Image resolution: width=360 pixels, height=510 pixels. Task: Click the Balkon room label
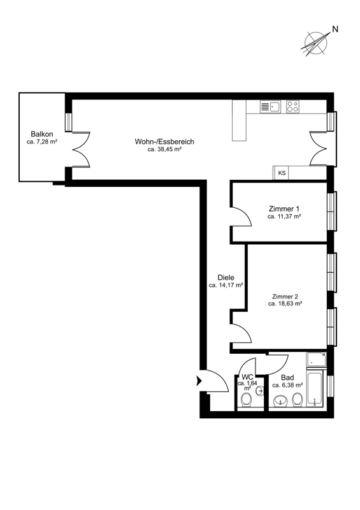(42, 134)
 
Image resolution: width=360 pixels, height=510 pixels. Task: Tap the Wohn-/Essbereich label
(164, 142)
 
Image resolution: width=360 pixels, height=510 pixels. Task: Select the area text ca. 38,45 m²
(164, 150)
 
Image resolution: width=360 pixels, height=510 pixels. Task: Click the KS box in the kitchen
(282, 173)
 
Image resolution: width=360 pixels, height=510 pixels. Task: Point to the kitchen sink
(270, 106)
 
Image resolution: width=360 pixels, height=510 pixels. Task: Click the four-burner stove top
(292, 106)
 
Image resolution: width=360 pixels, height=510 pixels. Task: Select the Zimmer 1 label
(284, 208)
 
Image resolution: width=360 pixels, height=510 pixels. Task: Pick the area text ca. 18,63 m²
(285, 304)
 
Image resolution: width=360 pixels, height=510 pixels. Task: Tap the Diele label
(226, 278)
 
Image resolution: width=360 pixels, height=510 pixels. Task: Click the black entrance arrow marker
(199, 381)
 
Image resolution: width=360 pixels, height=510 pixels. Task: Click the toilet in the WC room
(245, 400)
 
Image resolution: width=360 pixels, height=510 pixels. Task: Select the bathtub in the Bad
(315, 388)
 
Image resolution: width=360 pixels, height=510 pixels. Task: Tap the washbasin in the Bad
(280, 401)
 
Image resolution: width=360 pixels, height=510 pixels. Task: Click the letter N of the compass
(335, 29)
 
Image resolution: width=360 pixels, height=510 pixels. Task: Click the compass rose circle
(315, 43)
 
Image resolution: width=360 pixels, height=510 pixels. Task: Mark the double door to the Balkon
(81, 150)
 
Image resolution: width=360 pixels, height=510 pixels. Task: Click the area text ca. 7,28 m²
(42, 142)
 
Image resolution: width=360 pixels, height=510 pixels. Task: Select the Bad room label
(287, 377)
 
